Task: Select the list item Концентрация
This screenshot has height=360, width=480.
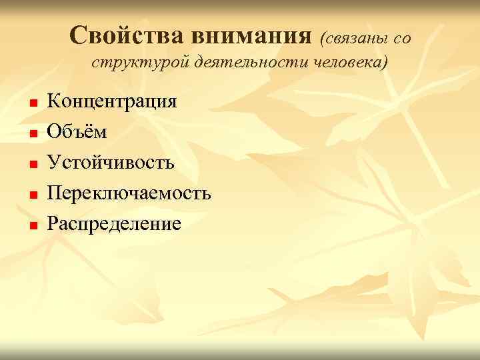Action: coord(112,102)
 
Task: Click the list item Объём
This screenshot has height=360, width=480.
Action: coord(77,132)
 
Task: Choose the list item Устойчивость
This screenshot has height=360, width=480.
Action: coord(111,163)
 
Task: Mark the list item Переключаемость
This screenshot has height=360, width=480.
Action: coord(129,193)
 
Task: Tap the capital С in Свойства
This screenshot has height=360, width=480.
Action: coord(79,34)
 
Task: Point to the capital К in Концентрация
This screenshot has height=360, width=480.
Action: coord(53,101)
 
